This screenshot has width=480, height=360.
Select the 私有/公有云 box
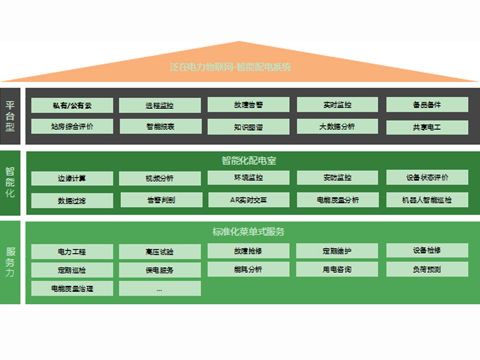point(72,105)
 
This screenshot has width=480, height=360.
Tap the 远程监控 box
point(160,105)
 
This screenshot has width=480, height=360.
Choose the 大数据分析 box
point(337,126)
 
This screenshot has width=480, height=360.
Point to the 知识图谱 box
point(248,127)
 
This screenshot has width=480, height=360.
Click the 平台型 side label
point(11,116)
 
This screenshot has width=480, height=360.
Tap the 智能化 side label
point(11,182)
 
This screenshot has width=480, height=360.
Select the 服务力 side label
point(11,262)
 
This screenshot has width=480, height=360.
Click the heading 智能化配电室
point(249,160)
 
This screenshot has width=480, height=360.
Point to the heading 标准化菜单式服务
point(249,231)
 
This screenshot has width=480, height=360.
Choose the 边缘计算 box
point(72,178)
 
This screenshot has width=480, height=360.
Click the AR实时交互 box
point(248,200)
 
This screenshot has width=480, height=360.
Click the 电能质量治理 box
point(72,289)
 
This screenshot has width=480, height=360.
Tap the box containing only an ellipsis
point(160,289)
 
